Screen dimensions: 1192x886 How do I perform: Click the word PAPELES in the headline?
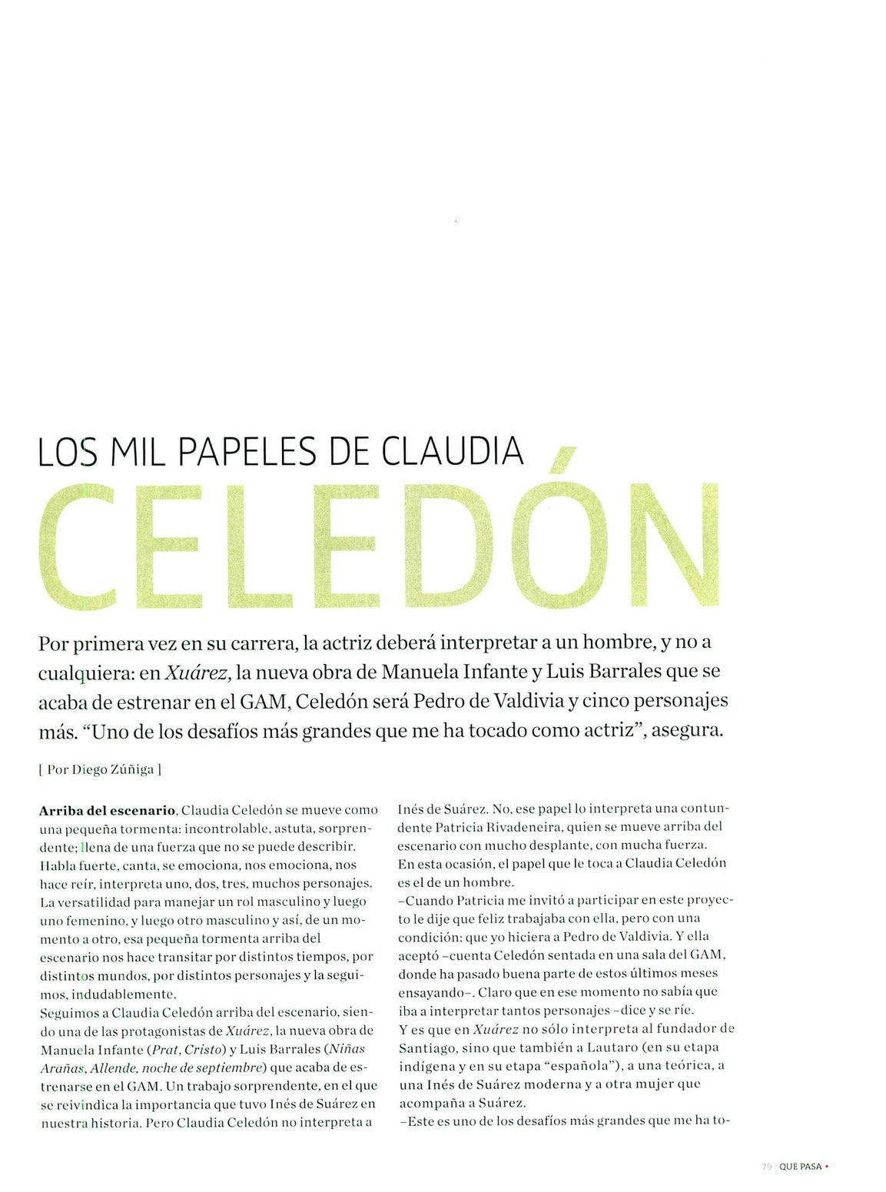[x=247, y=452]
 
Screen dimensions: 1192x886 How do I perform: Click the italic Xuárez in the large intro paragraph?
[x=197, y=672]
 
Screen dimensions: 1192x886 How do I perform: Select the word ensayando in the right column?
[x=432, y=992]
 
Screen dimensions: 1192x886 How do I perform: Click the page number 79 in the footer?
[x=766, y=1167]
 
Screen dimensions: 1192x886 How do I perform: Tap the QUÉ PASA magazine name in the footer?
[x=800, y=1167]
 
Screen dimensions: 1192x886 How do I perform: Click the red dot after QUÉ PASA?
[x=826, y=1167]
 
